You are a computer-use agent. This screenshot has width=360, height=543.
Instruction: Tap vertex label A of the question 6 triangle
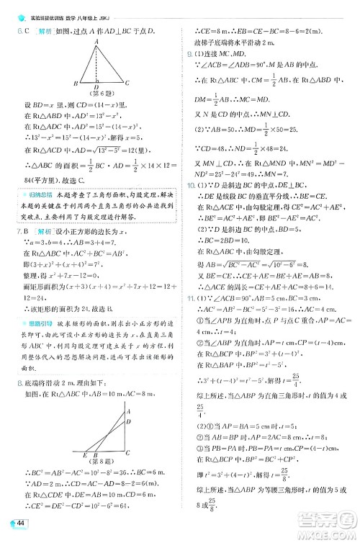pyautogui.click(x=96, y=41)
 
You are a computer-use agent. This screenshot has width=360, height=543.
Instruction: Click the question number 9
pyautogui.click(x=189, y=53)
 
